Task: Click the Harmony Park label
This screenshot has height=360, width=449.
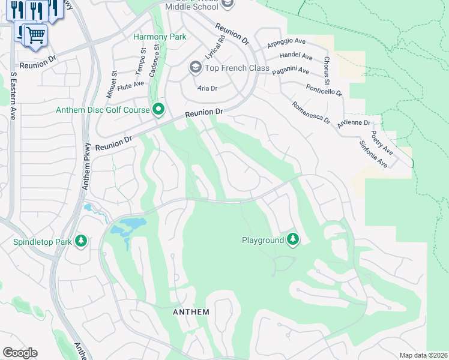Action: (159, 37)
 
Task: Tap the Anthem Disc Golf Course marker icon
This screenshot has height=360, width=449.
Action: (158, 110)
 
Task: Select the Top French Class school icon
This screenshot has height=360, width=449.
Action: (195, 68)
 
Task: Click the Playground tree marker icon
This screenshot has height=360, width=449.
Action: (293, 239)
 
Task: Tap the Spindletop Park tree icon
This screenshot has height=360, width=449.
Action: (81, 242)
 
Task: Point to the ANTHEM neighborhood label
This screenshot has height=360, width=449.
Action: (191, 312)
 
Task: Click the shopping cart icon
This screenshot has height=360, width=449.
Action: (35, 35)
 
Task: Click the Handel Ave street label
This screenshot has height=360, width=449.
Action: (296, 57)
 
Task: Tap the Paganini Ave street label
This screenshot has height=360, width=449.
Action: (291, 71)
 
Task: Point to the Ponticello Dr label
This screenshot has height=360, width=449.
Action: (324, 89)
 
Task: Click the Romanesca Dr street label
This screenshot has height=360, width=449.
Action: (310, 112)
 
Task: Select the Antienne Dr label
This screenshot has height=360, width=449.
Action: (355, 123)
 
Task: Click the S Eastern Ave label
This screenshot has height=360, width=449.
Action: (13, 96)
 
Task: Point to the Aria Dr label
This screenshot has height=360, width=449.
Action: (207, 88)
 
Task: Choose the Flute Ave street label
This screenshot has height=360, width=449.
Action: (131, 84)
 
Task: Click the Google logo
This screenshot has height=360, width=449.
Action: (20, 353)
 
